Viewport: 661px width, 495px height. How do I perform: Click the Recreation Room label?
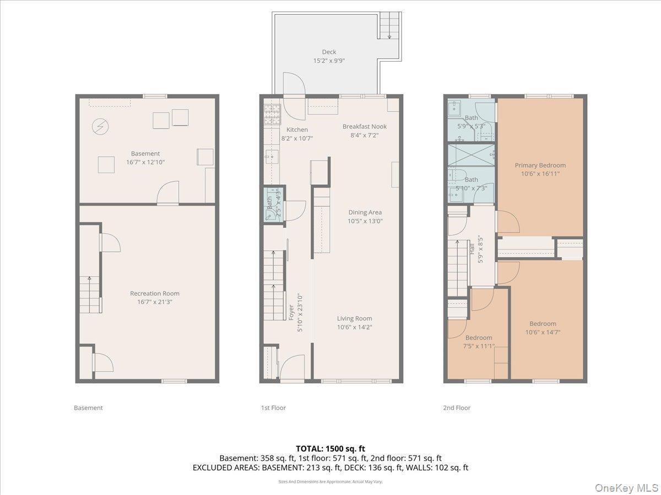pyautogui.click(x=154, y=294)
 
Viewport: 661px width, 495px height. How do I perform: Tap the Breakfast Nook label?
pyautogui.click(x=364, y=127)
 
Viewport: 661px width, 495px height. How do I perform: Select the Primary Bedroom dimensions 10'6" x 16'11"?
pyautogui.click(x=540, y=174)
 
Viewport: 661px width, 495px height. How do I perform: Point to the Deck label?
pyautogui.click(x=329, y=52)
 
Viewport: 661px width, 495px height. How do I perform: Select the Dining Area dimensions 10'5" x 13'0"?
pyautogui.click(x=364, y=221)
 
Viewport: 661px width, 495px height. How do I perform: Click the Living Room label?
pyautogui.click(x=354, y=318)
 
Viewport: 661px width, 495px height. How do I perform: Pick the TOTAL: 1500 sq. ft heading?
pyautogui.click(x=330, y=449)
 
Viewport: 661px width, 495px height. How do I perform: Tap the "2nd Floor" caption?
pyautogui.click(x=457, y=408)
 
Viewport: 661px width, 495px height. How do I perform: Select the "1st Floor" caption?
pyautogui.click(x=273, y=408)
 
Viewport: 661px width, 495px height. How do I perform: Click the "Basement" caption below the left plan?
pyautogui.click(x=88, y=408)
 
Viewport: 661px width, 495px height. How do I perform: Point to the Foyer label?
pyautogui.click(x=291, y=312)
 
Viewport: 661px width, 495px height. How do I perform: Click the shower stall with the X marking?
pyautogui.click(x=470, y=154)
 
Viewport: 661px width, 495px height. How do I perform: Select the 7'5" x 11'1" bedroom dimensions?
pyautogui.click(x=478, y=346)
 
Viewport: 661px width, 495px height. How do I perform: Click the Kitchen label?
pyautogui.click(x=297, y=130)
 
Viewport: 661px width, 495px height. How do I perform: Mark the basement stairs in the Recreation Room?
pyautogui.click(x=90, y=295)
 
